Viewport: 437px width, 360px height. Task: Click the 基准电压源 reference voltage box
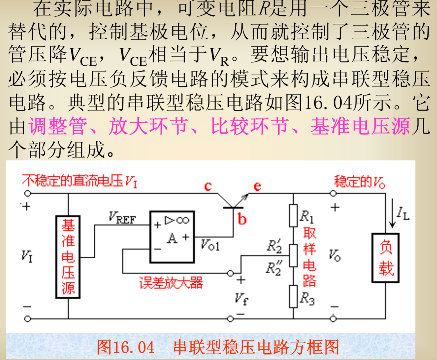click(68, 257)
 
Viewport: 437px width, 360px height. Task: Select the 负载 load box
click(385, 258)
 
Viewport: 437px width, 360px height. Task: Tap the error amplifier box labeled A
click(172, 237)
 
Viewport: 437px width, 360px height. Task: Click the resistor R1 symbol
click(293, 215)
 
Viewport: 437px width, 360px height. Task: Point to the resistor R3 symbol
click(293, 296)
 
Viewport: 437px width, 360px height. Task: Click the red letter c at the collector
click(208, 186)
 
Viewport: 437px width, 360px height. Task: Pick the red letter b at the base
click(242, 219)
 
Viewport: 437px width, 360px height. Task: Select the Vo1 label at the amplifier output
click(210, 245)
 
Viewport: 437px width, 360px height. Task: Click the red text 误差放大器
click(171, 283)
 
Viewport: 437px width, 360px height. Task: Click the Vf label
click(241, 299)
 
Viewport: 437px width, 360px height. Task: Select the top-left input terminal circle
click(28, 193)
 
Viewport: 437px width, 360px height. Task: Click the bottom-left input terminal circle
click(28, 319)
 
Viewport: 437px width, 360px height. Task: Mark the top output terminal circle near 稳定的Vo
click(333, 193)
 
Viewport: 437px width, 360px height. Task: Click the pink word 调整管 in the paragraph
click(58, 126)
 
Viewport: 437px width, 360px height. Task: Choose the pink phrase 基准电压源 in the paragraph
click(360, 126)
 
